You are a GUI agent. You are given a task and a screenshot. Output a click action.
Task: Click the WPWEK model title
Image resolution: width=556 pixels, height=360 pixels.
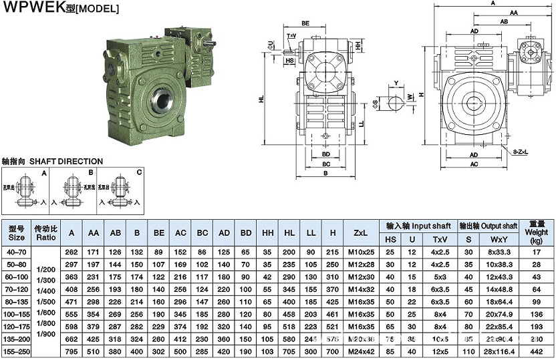click(x=61, y=8)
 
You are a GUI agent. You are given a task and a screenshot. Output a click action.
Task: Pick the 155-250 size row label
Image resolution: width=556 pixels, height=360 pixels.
click(x=17, y=352)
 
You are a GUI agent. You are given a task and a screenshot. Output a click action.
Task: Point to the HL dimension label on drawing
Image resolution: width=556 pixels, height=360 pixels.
click(x=261, y=99)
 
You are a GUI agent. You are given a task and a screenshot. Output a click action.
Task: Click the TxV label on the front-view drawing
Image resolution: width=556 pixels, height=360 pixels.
click(x=291, y=35)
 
